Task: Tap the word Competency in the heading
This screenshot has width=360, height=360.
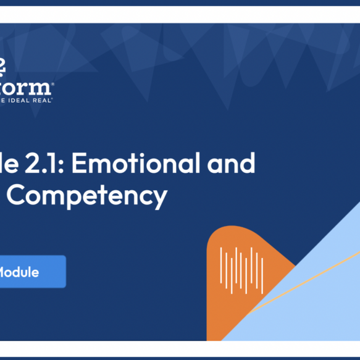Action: tap(86, 196)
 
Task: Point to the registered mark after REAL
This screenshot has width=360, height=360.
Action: tap(52, 98)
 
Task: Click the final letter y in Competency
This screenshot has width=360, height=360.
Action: tap(160, 198)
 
